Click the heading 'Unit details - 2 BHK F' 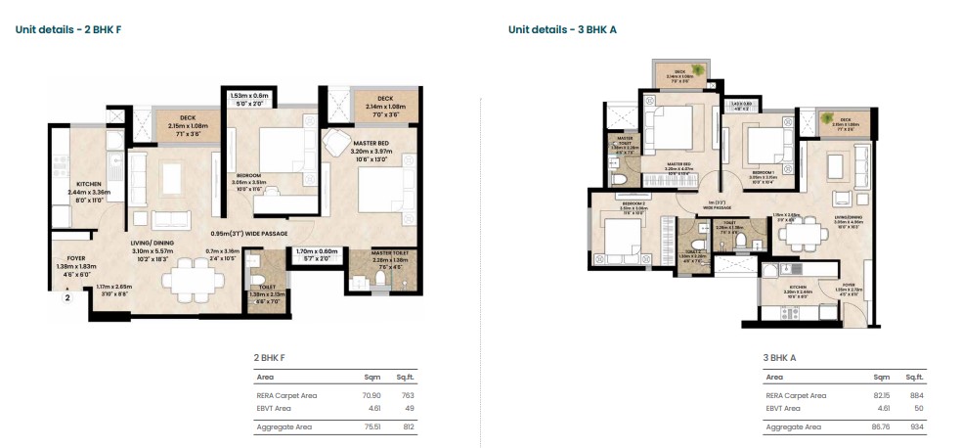[x=67, y=29]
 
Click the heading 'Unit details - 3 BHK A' [x=561, y=29]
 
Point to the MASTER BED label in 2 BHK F [x=370, y=145]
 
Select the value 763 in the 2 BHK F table [x=409, y=395]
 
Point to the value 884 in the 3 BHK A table [x=914, y=395]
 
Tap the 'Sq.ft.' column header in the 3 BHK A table [x=914, y=377]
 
